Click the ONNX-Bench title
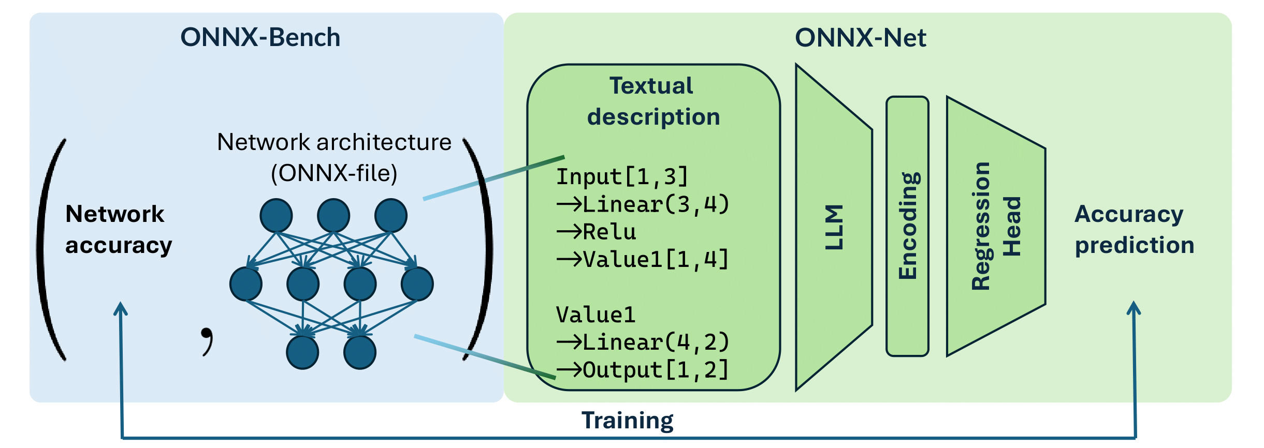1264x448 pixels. pyautogui.click(x=260, y=38)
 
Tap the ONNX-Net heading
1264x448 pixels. pyautogui.click(x=860, y=38)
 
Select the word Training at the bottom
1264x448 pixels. pyautogui.click(x=627, y=420)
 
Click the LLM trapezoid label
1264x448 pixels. pyautogui.click(x=834, y=228)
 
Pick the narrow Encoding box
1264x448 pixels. pyautogui.click(x=907, y=226)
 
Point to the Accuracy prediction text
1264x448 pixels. pyautogui.click(x=1134, y=229)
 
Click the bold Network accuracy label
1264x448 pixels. pyautogui.click(x=118, y=229)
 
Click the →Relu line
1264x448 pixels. pyautogui.click(x=597, y=232)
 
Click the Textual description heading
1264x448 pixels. pyautogui.click(x=652, y=101)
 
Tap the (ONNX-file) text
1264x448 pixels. pyautogui.click(x=334, y=173)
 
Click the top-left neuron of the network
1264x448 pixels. pyautogui.click(x=276, y=216)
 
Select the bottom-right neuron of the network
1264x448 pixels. pyautogui.click(x=360, y=352)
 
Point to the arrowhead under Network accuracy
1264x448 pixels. pyautogui.click(x=121, y=309)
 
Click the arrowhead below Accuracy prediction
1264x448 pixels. pyautogui.click(x=1134, y=308)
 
